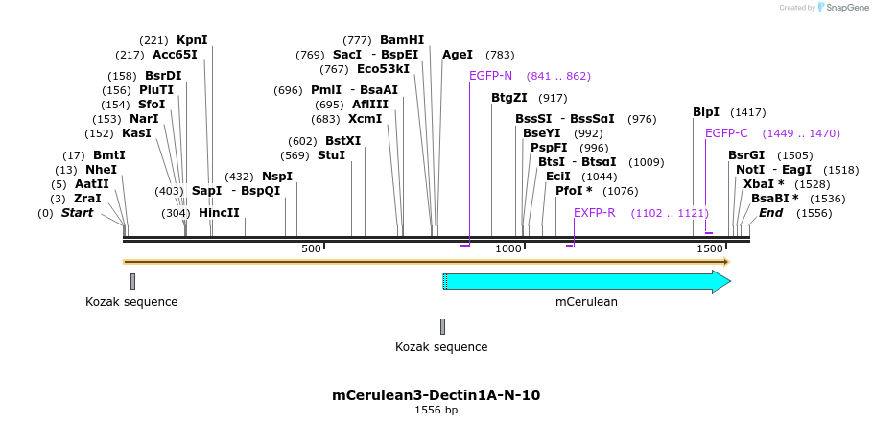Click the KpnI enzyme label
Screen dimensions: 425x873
192,40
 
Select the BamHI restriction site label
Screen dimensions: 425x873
402,40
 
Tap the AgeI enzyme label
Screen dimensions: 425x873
458,55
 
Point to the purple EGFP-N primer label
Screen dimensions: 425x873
490,76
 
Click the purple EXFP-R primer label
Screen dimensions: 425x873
594,213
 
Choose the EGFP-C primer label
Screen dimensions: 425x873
726,133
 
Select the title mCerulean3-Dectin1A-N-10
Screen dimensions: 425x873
436,394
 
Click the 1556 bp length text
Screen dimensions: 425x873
436,411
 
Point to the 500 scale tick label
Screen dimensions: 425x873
311,249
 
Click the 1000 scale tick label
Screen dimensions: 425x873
508,249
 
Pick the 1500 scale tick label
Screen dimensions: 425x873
710,249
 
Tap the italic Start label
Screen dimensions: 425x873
77,213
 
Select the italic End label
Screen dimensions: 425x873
770,213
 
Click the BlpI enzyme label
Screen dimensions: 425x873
706,112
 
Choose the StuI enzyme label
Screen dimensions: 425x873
331,155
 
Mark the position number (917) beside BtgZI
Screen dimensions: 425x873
553,98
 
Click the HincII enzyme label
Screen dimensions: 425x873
219,213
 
